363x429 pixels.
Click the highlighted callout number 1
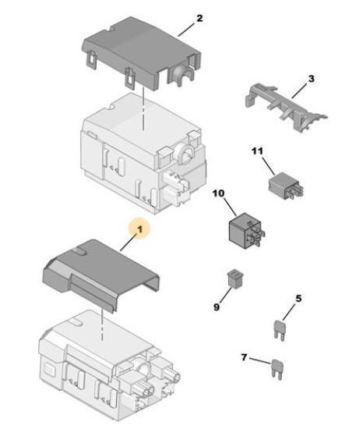[139, 229]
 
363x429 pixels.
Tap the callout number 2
[199, 19]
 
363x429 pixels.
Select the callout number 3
[311, 79]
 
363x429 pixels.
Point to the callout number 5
[298, 299]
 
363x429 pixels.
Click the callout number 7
[244, 357]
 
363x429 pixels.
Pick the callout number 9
[217, 307]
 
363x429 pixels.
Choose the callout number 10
[219, 193]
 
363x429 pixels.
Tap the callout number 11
[257, 151]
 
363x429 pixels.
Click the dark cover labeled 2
[142, 52]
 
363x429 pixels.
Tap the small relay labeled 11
[286, 185]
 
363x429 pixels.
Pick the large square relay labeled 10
[246, 230]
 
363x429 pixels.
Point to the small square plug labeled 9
[235, 278]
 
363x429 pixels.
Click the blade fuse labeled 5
[279, 330]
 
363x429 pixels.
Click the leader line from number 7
[259, 361]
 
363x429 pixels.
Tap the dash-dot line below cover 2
[143, 109]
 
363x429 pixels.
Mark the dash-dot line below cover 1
[102, 324]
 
